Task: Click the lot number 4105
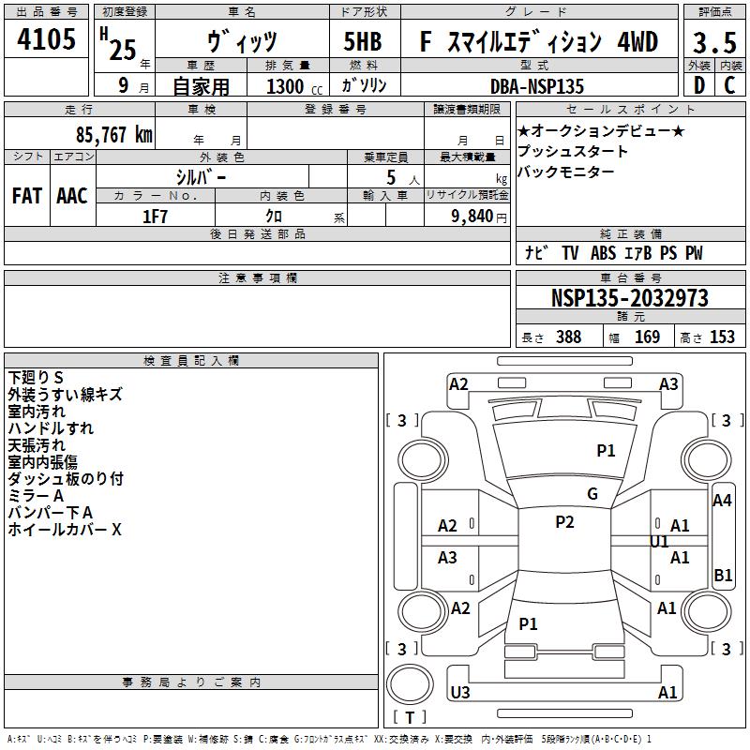[46, 38]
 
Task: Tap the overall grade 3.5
[714, 42]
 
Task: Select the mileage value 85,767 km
[113, 135]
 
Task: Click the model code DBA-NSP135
[537, 86]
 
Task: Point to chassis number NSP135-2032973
[629, 298]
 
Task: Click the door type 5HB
[363, 41]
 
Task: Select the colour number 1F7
[155, 217]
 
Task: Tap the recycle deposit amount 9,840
[472, 217]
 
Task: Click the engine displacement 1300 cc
[294, 86]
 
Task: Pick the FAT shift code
[27, 196]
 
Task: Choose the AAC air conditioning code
[72, 196]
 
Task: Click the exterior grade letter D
[699, 85]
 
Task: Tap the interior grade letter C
[729, 85]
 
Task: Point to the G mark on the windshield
[592, 494]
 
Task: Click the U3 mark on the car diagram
[460, 692]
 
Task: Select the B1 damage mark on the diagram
[723, 575]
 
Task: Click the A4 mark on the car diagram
[722, 501]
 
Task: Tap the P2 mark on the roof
[565, 522]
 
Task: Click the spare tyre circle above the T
[410, 684]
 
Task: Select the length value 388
[569, 337]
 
